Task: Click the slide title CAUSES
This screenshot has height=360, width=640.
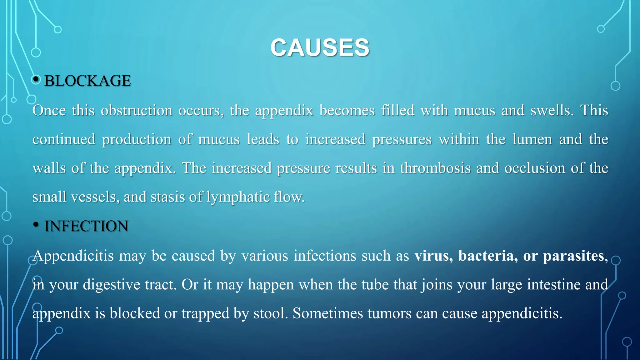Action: click(320, 48)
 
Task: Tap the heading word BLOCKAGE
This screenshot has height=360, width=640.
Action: click(87, 81)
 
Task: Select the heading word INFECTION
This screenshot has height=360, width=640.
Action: click(86, 226)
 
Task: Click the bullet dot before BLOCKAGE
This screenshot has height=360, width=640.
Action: click(36, 79)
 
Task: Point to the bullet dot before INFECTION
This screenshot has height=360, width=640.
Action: click(36, 224)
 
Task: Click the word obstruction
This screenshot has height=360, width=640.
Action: click(136, 110)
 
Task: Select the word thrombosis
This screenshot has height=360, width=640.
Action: click(435, 168)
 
